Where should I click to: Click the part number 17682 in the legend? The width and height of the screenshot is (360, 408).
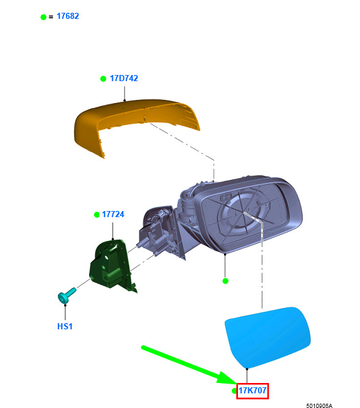(68, 16)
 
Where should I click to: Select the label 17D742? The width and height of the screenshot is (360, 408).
(124, 78)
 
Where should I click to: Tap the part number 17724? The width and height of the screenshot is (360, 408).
(113, 215)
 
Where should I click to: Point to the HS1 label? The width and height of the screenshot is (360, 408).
(65, 326)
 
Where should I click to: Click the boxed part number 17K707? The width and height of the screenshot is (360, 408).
(253, 390)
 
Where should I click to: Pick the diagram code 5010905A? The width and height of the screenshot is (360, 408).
(319, 406)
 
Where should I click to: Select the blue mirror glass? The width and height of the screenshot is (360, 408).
(268, 337)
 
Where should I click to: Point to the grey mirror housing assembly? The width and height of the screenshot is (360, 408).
(221, 218)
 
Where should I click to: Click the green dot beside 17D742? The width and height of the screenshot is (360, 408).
(103, 79)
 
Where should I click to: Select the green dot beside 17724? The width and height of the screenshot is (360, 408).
(96, 215)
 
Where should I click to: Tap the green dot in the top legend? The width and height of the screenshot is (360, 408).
(43, 17)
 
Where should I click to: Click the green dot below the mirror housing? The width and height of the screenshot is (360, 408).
(225, 281)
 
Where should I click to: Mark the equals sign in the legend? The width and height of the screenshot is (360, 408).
(51, 17)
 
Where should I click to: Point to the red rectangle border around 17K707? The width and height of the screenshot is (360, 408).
(252, 384)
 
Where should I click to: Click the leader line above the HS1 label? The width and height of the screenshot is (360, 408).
(65, 312)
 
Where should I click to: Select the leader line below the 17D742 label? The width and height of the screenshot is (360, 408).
(124, 93)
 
